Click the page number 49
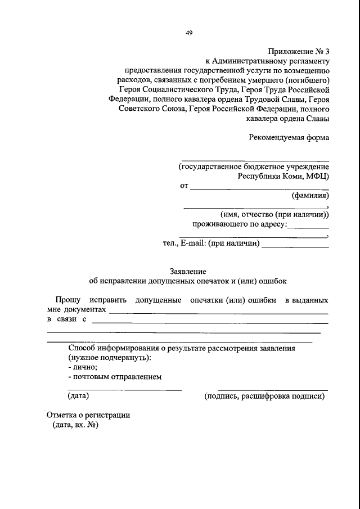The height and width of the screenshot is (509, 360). (189, 33)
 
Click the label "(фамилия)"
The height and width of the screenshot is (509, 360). (310, 196)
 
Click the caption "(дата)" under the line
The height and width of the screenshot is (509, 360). (78, 396)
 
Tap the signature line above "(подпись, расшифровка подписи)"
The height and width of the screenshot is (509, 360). (272, 390)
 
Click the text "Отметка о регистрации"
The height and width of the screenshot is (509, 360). (88, 415)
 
